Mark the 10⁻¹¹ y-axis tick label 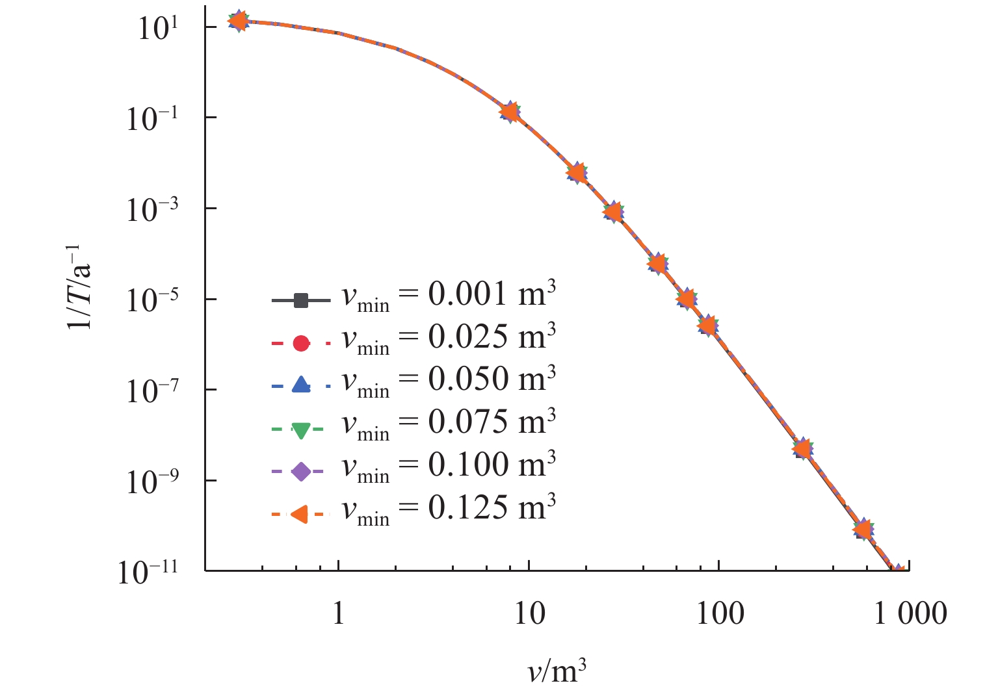tap(148, 572)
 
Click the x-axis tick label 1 tap(338, 613)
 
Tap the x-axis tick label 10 tap(529, 613)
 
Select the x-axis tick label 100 tap(720, 613)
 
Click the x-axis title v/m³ tap(557, 672)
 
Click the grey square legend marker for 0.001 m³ tap(300, 301)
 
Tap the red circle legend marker tap(300, 343)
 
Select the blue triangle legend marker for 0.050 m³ tap(300, 385)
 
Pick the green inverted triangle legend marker tap(300, 429)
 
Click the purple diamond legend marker tap(300, 472)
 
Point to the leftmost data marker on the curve tap(239, 21)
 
